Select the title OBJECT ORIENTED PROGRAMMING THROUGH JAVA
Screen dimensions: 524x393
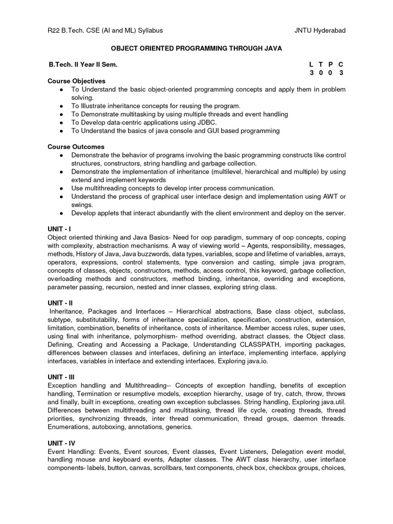pos(196,48)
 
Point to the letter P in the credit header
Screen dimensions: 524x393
pos(331,65)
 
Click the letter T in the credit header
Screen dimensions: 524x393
pos(321,65)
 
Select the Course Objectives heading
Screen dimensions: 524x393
pos(76,81)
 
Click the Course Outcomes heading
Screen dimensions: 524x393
pos(76,147)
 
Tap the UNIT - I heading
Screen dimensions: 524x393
pos(60,229)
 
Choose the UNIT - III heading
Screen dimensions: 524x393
pos(62,377)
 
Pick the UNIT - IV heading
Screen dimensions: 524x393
pos(62,443)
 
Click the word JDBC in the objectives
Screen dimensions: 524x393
pos(207,122)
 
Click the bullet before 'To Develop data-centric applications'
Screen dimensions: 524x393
pos(61,123)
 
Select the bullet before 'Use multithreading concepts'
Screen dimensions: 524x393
pos(61,188)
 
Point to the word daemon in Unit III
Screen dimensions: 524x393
pos(308,418)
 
